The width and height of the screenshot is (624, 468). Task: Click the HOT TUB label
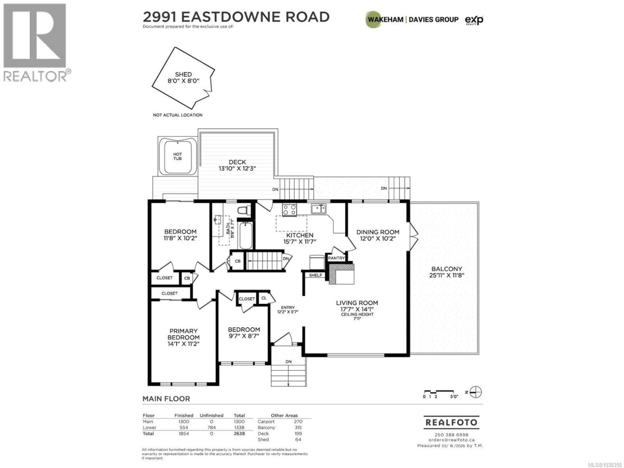click(x=177, y=156)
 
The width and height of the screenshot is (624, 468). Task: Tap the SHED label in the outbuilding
click(x=183, y=74)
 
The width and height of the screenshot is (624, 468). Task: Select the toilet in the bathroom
click(x=244, y=210)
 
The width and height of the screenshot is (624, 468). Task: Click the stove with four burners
click(x=289, y=210)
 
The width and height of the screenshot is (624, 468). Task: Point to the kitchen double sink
click(x=318, y=209)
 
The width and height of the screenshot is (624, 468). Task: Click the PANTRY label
click(x=336, y=258)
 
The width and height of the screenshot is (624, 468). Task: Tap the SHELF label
click(x=315, y=275)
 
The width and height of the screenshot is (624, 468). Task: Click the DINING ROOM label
click(x=378, y=232)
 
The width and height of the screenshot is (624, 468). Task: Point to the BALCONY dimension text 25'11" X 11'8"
click(x=447, y=275)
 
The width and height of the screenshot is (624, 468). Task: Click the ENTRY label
click(x=288, y=307)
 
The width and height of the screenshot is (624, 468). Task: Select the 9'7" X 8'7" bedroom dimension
click(x=244, y=336)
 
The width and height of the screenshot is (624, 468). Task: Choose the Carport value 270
click(x=298, y=422)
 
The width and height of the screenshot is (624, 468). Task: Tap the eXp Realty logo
click(x=474, y=20)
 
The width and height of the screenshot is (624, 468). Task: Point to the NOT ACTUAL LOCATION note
click(x=178, y=115)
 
